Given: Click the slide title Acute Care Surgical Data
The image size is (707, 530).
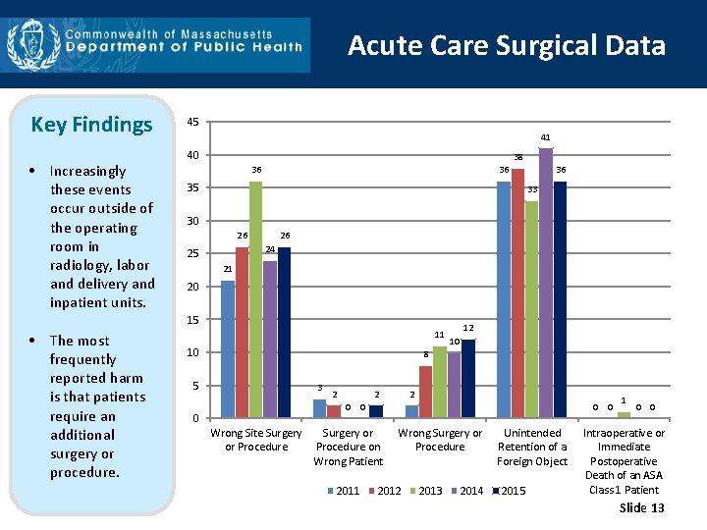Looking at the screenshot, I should (x=507, y=45).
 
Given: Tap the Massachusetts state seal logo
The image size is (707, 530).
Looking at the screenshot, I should (x=27, y=45).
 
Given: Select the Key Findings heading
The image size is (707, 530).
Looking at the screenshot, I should (x=91, y=125).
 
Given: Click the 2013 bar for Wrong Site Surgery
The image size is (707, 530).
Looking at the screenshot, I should (x=255, y=299).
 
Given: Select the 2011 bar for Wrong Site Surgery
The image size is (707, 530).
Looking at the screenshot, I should (x=228, y=348).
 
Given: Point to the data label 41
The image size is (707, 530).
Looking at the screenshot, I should (x=545, y=138).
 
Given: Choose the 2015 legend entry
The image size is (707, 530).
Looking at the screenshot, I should (x=509, y=491).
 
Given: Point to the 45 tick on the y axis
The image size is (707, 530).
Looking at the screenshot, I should (x=192, y=123).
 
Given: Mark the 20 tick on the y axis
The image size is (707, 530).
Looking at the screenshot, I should (x=192, y=287).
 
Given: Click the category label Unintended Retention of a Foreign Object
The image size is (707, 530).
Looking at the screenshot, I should (x=532, y=447).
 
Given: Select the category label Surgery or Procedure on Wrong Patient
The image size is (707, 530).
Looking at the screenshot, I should (x=348, y=447).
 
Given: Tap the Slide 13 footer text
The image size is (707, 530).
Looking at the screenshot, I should (x=642, y=507).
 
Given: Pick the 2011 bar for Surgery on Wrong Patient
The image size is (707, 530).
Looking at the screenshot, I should (x=319, y=408).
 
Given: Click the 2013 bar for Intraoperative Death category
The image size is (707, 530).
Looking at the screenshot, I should (x=624, y=414).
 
